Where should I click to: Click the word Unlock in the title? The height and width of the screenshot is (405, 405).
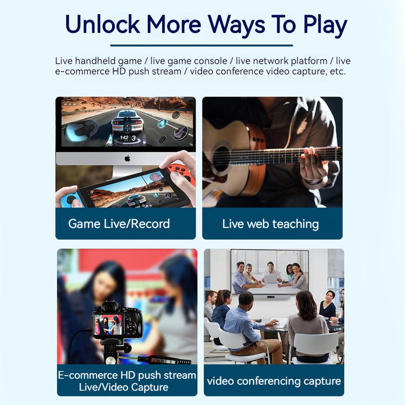coord(102,24)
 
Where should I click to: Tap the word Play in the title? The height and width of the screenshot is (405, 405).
coord(325,25)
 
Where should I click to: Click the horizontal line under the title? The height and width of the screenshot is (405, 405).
coord(201,45)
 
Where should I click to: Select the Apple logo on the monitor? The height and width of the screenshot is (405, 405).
coord(127,158)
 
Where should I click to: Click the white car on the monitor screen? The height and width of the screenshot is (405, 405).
coord(127,121)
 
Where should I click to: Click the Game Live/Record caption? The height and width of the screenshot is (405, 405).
coord(119,224)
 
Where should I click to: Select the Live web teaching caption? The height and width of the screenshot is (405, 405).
coord(271,224)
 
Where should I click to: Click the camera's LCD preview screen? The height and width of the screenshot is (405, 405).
coord(108,324)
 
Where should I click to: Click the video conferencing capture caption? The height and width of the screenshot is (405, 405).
coord(274,381)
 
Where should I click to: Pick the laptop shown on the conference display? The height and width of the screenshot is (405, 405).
coord(270,279)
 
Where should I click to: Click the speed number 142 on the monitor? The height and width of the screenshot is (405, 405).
coord(124,138)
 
